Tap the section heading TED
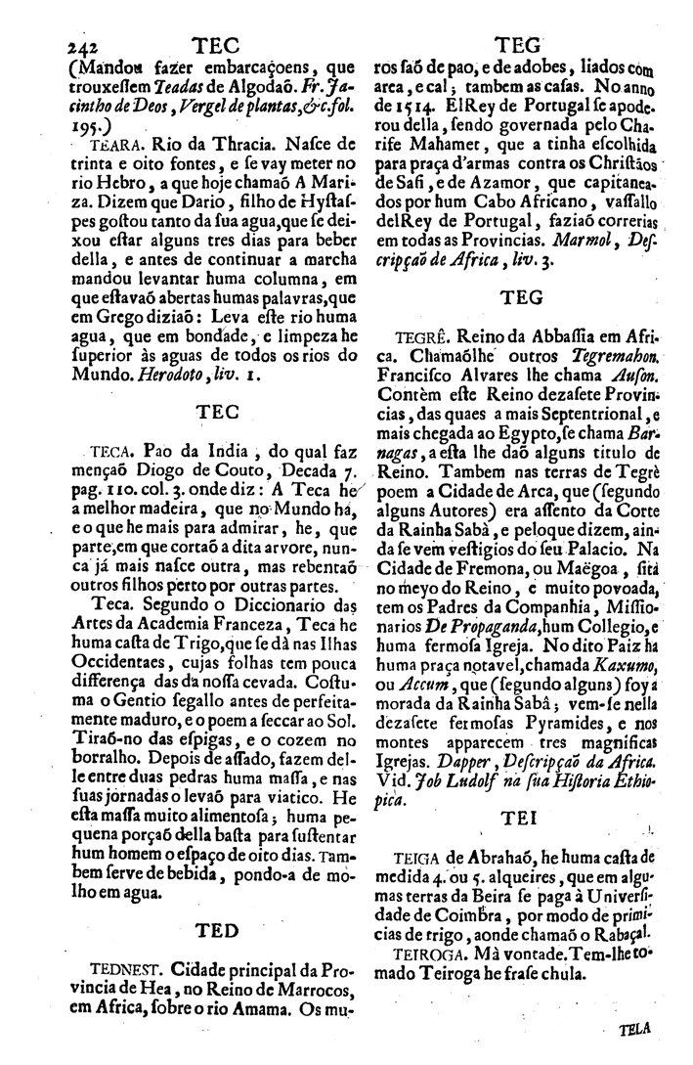coord(219,930)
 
